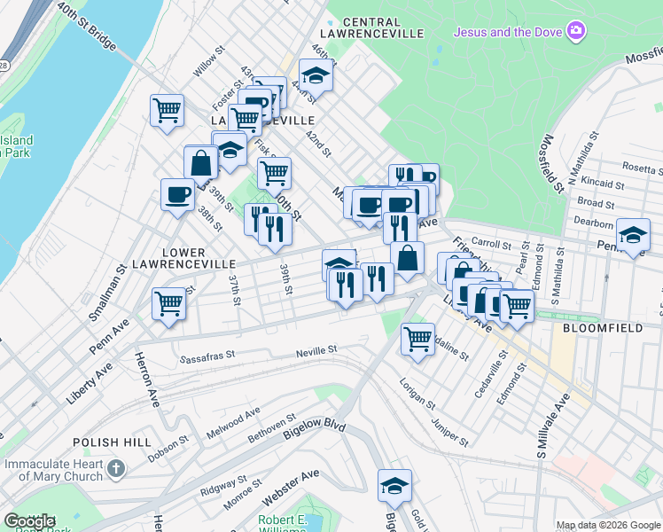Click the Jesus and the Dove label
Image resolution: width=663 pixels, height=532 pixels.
[509, 33]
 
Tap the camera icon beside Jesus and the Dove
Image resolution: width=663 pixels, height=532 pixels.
[577, 32]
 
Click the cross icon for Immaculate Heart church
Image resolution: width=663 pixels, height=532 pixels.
[116, 467]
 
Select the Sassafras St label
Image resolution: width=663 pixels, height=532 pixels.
[207, 359]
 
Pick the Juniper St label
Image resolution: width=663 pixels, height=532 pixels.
[448, 432]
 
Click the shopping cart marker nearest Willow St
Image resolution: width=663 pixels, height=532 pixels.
[166, 111]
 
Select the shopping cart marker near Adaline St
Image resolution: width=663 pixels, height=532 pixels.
[417, 337]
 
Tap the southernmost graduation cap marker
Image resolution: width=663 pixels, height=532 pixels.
[394, 485]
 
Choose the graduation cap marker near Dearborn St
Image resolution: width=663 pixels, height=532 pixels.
[632, 235]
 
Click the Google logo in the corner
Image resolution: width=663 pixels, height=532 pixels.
[29, 521]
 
